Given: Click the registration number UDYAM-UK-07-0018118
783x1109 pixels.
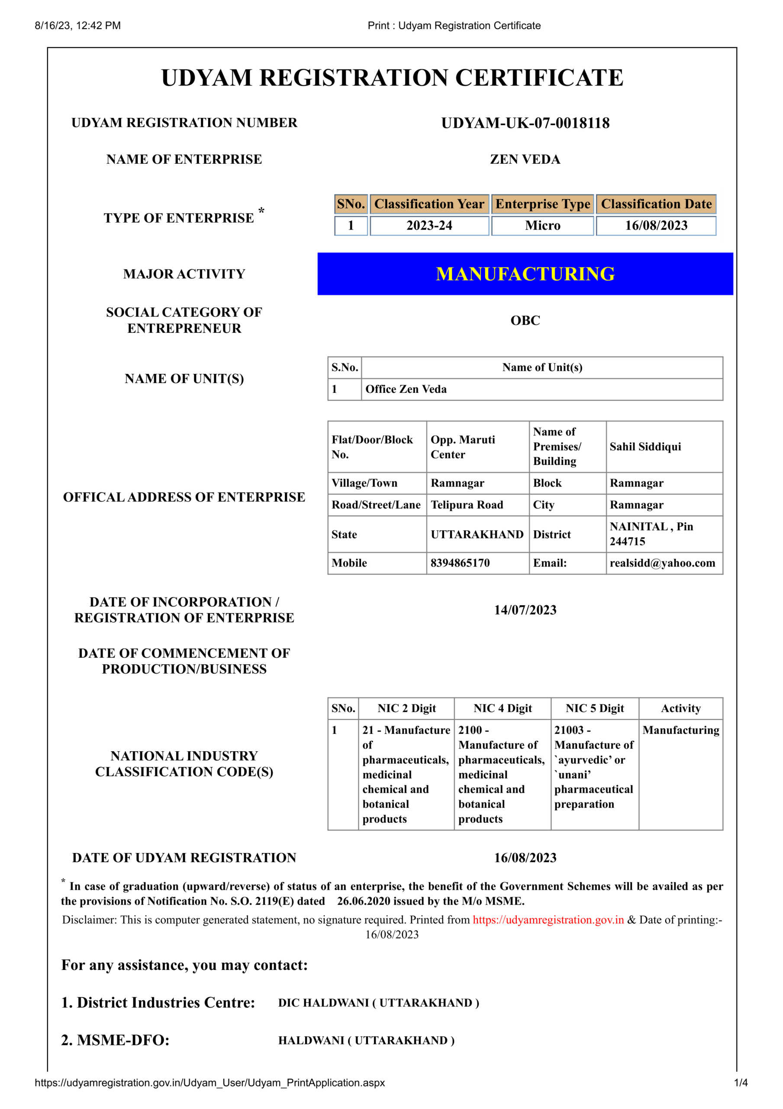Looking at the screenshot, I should point(525,123).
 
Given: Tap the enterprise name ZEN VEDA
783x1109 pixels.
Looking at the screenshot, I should point(525,159).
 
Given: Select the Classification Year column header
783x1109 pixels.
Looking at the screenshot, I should point(429,204).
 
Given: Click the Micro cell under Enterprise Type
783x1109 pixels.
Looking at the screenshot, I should point(543,226).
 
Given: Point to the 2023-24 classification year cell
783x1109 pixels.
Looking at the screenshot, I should point(429,226).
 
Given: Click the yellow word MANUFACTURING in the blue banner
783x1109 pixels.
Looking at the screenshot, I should point(525,274).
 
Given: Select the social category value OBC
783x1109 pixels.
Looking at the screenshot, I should point(525,320).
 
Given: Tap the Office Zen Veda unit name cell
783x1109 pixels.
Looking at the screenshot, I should point(406,389).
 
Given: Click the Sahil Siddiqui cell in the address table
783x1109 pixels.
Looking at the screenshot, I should point(645,447).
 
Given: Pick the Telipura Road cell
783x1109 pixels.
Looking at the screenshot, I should point(467,505).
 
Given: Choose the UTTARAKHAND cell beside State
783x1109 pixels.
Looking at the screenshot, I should point(477,534).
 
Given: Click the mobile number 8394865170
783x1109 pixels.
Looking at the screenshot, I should point(460,563).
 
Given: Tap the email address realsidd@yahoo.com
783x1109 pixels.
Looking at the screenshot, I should point(662,563).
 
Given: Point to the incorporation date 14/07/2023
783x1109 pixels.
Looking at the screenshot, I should point(525,610).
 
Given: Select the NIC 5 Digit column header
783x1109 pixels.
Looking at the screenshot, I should point(595,708).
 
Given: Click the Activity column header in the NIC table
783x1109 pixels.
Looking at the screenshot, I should point(681,708).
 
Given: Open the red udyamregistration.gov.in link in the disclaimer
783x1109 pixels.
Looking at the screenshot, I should point(548,920).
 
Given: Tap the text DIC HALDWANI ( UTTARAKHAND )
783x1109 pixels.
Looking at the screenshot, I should point(378,1003).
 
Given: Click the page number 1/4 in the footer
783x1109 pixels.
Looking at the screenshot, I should point(741,1083).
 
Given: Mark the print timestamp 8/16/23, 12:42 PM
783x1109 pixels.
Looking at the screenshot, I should point(78,26).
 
